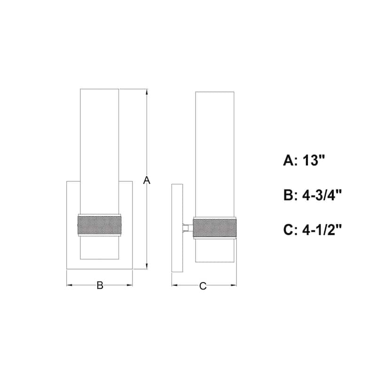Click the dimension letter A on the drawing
coord(147,180)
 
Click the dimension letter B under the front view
coord(100,285)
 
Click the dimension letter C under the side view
coord(203,286)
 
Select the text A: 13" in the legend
coord(304,161)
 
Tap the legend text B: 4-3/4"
coord(312,195)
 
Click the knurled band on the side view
coord(215,228)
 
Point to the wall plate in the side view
coord(177,228)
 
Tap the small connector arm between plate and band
coord(188,228)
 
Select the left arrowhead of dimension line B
coord(69,285)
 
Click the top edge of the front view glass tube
coord(100,89)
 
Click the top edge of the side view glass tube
coord(215,92)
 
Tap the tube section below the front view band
coord(100,249)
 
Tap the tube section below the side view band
coord(215,251)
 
